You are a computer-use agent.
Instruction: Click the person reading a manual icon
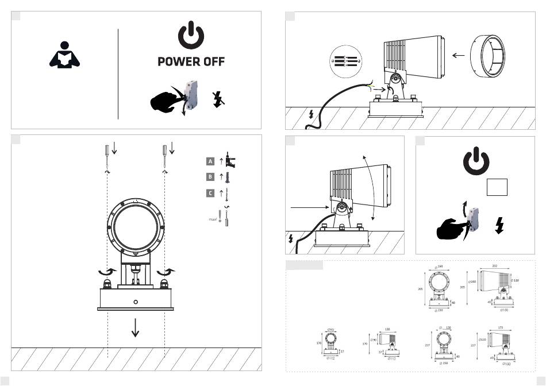click(64, 56)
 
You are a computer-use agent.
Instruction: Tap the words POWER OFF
click(191, 61)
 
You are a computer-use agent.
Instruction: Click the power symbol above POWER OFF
click(191, 36)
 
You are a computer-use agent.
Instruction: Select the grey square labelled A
click(210, 161)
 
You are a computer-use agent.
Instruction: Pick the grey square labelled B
click(210, 177)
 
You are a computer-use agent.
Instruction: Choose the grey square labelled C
click(210, 193)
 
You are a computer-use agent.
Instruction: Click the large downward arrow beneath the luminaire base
click(136, 327)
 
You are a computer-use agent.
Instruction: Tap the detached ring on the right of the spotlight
click(488, 56)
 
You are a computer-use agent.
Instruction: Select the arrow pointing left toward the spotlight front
click(458, 56)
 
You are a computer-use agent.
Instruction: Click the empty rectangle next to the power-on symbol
click(497, 187)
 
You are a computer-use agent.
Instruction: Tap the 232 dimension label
click(494, 267)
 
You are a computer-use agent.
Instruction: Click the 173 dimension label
click(501, 327)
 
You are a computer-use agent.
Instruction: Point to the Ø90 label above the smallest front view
click(330, 330)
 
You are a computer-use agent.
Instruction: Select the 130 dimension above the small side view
click(387, 329)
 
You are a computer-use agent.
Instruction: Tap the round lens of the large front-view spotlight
click(136, 227)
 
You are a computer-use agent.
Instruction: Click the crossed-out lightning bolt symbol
click(217, 98)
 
